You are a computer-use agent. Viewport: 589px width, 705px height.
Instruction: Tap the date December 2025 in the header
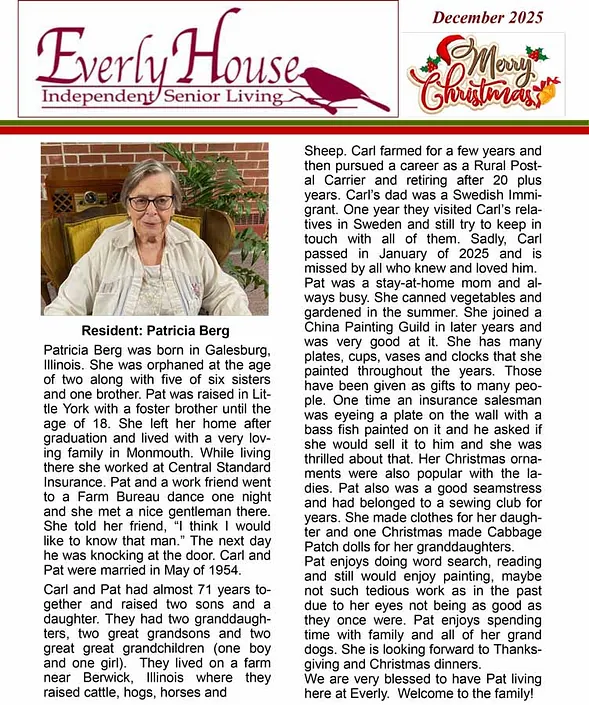pos(487,16)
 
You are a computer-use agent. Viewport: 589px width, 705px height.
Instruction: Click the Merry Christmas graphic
pos(484,75)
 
